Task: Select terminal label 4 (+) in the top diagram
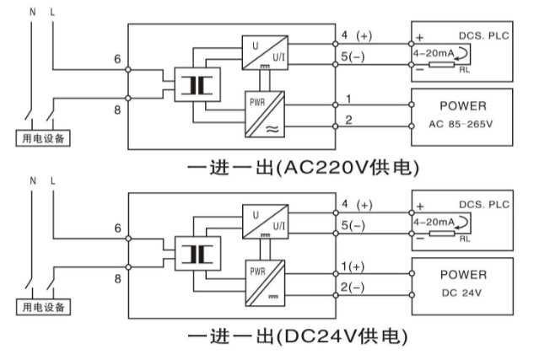tap(356, 35)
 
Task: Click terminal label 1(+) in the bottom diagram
tap(353, 266)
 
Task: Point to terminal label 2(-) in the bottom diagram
tap(353, 287)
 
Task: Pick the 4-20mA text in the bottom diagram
tap(434, 221)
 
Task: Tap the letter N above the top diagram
tap(33, 12)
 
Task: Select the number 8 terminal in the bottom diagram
tap(117, 277)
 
